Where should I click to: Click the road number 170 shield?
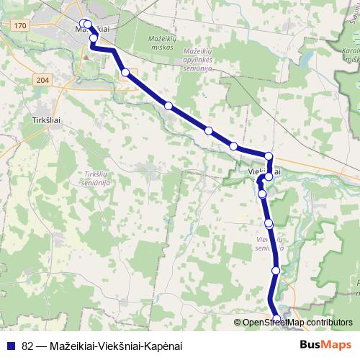click(19, 26)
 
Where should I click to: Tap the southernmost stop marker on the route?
click(278, 319)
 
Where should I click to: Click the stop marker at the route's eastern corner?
click(269, 156)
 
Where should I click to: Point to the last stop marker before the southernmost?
click(276, 270)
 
